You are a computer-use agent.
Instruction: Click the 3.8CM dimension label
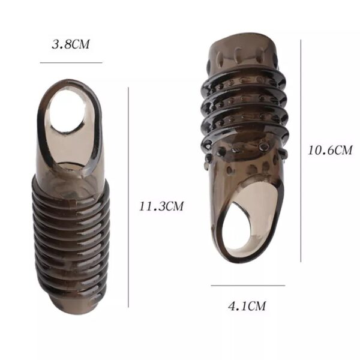click(70, 44)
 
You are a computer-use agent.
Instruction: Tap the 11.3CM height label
click(161, 206)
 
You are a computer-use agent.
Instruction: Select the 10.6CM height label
click(330, 151)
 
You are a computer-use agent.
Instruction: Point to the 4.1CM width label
click(247, 306)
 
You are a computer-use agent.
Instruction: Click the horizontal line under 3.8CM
click(71, 62)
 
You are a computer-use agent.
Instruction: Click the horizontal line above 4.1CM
click(248, 286)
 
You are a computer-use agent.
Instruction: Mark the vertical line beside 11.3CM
click(128, 197)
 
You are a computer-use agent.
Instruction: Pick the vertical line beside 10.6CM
click(301, 151)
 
